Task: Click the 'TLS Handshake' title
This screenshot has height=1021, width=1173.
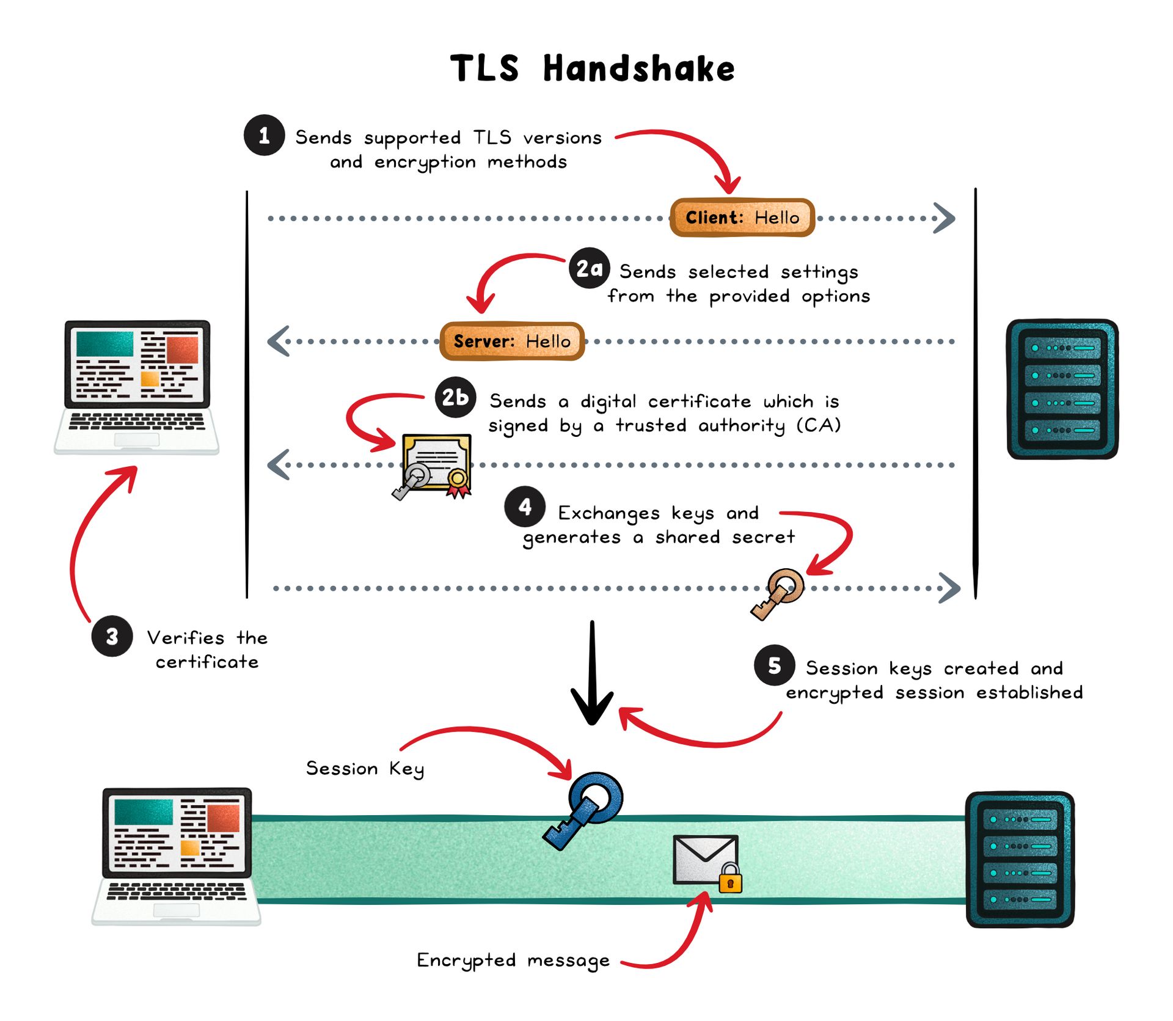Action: coord(592,68)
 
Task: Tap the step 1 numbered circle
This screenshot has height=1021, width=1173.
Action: coord(264,136)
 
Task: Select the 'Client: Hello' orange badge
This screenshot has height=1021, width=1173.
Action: coord(742,218)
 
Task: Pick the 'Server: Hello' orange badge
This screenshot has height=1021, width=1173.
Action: coord(512,341)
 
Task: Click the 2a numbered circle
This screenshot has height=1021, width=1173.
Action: coord(589,268)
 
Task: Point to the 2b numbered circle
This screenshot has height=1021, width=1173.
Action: coord(455,398)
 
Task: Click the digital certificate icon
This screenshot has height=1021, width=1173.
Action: coord(436,464)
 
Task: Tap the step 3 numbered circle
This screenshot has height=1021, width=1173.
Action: coord(112,637)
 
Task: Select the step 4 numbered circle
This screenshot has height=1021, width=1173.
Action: coord(525,507)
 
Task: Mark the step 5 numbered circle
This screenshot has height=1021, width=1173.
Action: coord(774,665)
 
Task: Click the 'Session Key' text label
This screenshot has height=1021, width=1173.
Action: coord(365,769)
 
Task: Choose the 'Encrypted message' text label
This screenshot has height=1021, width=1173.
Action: coord(513,961)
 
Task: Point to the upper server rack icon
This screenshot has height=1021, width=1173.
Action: coord(1062,389)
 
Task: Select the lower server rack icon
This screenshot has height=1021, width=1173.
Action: coord(1020,859)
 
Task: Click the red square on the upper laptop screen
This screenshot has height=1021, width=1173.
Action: coord(182,350)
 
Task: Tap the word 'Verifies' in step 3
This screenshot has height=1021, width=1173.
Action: coord(186,638)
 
